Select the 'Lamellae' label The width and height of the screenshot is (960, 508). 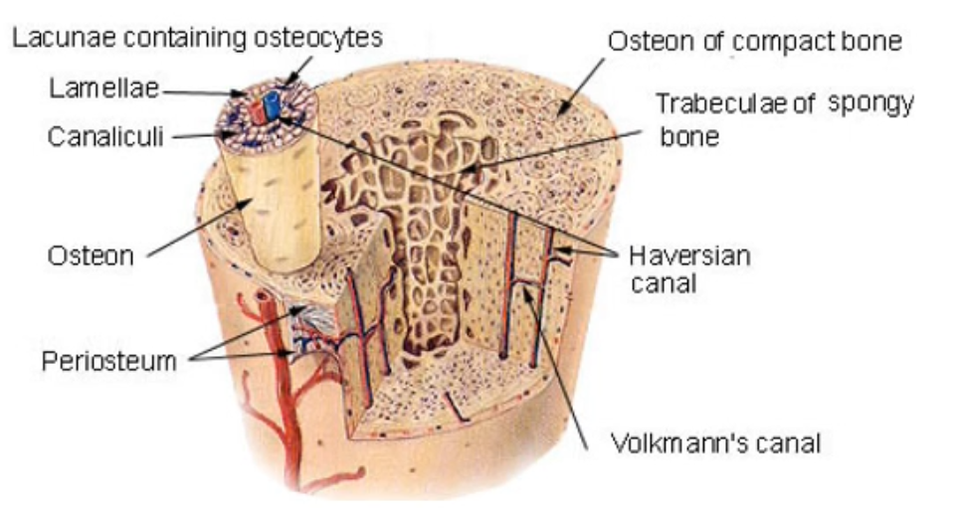pos(103,89)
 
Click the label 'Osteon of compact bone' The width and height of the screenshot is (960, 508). pos(755,41)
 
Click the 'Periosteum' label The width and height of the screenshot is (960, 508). pos(108,360)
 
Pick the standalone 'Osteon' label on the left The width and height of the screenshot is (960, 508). pos(91,255)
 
